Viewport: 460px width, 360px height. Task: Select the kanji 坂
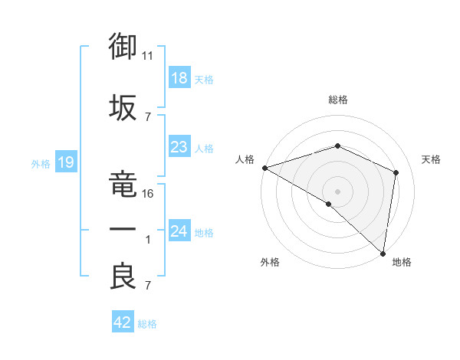pyautogui.click(x=123, y=107)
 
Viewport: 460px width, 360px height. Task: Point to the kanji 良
pyautogui.click(x=123, y=277)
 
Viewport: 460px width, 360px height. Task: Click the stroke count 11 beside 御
pyautogui.click(x=148, y=56)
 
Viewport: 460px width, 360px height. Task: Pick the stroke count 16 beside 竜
pyautogui.click(x=148, y=193)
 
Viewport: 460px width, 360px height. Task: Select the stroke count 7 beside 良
pyautogui.click(x=148, y=286)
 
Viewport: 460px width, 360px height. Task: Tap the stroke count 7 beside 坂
pyautogui.click(x=148, y=116)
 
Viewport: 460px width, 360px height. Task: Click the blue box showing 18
pyautogui.click(x=179, y=78)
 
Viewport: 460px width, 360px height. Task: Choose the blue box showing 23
pyautogui.click(x=179, y=147)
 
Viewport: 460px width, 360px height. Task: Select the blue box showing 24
pyautogui.click(x=179, y=231)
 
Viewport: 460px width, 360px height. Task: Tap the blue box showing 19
pyautogui.click(x=66, y=162)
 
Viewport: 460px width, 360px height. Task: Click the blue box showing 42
pyautogui.click(x=123, y=322)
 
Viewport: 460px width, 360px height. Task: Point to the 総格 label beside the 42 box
pyautogui.click(x=147, y=324)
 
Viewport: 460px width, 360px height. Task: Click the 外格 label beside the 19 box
pyautogui.click(x=41, y=163)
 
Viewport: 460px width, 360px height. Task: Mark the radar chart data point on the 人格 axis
pyautogui.click(x=264, y=168)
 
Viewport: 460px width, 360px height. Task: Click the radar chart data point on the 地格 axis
pyautogui.click(x=382, y=252)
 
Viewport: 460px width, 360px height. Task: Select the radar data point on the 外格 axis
pyautogui.click(x=329, y=204)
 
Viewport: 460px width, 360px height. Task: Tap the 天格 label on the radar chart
pyautogui.click(x=432, y=159)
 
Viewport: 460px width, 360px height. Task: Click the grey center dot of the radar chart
pyautogui.click(x=337, y=190)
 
